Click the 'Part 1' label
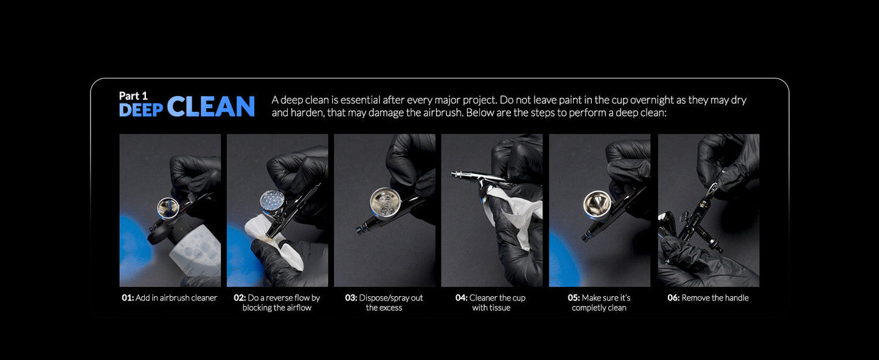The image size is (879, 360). coord(133,96)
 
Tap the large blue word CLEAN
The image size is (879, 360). coord(211,106)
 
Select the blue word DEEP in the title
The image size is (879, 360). coord(141,110)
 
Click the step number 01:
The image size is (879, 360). coord(128,297)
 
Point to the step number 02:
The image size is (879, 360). coord(240,297)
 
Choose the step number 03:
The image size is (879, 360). coord(351,297)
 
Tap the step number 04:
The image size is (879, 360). coord(462,297)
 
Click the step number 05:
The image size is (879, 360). coord(574,297)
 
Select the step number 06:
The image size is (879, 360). coord(673,297)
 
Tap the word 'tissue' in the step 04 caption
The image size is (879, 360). coord(499,308)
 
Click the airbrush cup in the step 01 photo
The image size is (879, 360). coord(169,208)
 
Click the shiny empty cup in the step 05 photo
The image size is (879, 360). coord(597,204)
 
